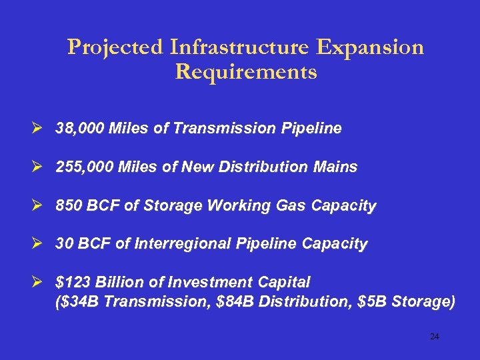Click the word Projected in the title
coord(115,48)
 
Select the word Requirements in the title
coord(245,72)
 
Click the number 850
coord(68,205)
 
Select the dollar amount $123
coord(71,282)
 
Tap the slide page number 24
coord(435,337)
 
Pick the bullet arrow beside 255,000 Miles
coord(43,167)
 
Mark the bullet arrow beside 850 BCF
coord(43,205)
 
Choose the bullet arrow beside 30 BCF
coord(43,244)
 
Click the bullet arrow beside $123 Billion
coord(43,282)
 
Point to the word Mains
coord(337,167)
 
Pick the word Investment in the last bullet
coord(214,282)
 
